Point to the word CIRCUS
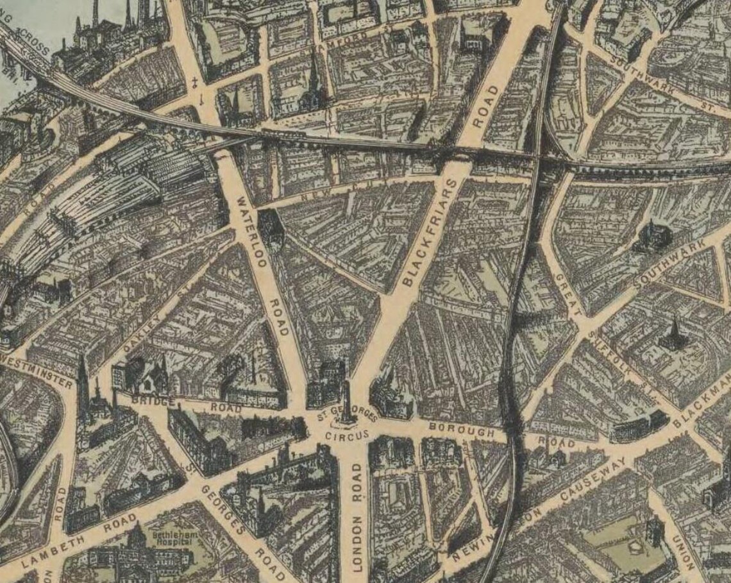(348, 436)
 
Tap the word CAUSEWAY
(593, 480)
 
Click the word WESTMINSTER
(38, 370)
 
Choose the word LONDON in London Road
(357, 545)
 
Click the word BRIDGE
(153, 400)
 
